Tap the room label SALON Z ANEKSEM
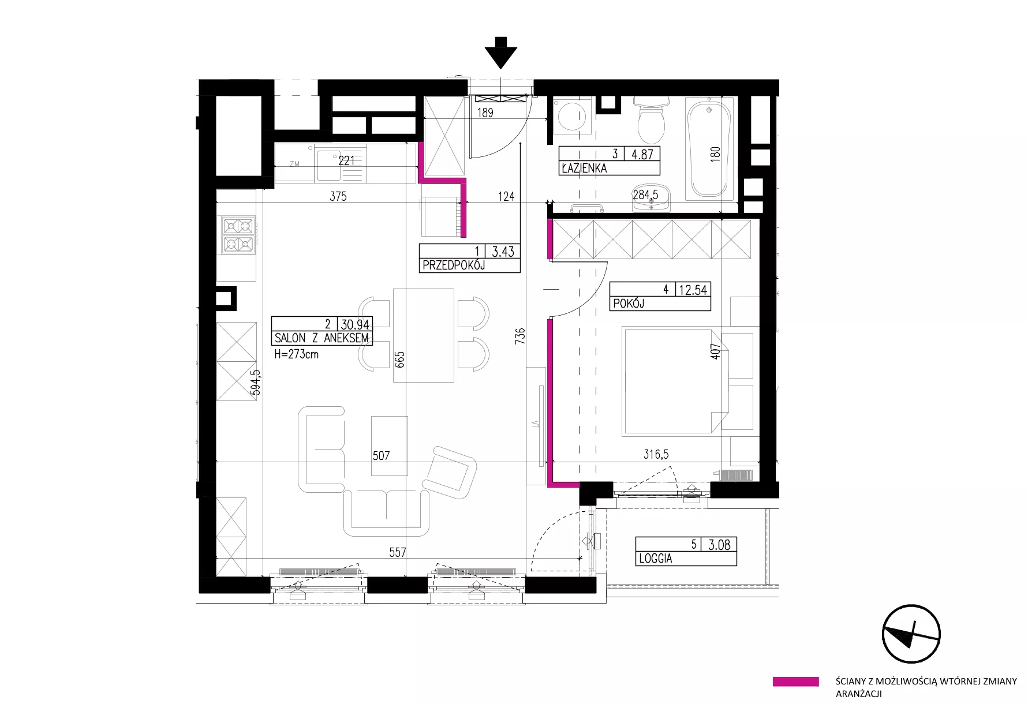tap(322, 338)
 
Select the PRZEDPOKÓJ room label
tap(453, 265)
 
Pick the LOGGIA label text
tap(655, 559)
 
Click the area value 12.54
tap(693, 289)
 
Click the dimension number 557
tap(398, 552)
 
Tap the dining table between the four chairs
tap(423, 335)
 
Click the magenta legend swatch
tap(795, 681)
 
